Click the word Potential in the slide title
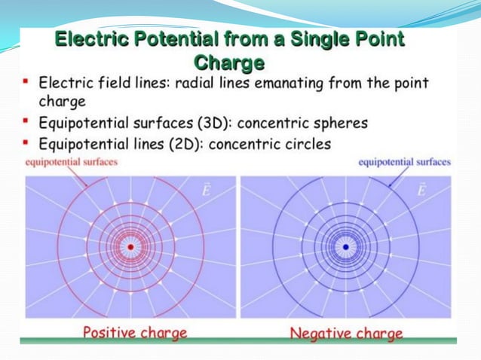coord(177,39)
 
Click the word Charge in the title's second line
coord(228,61)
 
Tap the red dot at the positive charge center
coord(130,246)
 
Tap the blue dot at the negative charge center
coord(345,246)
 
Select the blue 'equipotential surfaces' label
coord(404,161)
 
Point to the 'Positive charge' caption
coord(135,331)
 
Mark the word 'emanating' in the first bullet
coord(292,83)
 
